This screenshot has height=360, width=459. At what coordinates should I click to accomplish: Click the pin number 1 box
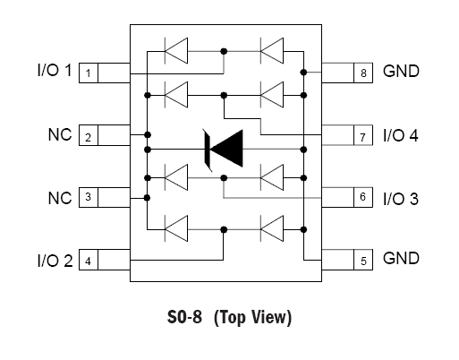pos(89,73)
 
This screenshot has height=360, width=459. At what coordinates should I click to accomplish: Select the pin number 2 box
pos(89,135)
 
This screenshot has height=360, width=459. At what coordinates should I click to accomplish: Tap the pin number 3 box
pos(89,197)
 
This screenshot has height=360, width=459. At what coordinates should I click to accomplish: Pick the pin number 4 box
pos(89,260)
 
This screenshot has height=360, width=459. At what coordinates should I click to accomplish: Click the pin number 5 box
pos(363,260)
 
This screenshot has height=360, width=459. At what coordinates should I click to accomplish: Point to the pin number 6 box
pos(363,197)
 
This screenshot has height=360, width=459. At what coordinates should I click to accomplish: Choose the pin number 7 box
pos(363,135)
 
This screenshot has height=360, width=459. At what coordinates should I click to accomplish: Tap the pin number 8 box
pos(363,73)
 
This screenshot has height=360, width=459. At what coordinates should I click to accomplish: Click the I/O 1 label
pos(55,71)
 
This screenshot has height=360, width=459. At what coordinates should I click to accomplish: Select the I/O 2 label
pos(55,261)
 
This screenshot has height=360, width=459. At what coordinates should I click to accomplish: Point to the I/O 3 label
pos(401,199)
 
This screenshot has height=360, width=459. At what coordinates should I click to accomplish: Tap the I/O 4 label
pos(401,135)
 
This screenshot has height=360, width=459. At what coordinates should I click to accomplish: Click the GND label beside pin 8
pos(401,71)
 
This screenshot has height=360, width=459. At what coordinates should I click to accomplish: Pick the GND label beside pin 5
pos(401,258)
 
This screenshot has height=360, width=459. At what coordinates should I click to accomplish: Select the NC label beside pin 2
pos(60,134)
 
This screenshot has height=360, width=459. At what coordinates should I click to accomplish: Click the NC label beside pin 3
pos(60,198)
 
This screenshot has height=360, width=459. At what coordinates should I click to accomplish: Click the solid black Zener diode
pos(224,150)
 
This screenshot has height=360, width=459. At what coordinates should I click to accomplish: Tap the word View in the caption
pos(271,317)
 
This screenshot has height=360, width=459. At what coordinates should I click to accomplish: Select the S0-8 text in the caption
pos(184,317)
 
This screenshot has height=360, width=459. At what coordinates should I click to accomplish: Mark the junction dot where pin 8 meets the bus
pos(303,73)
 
